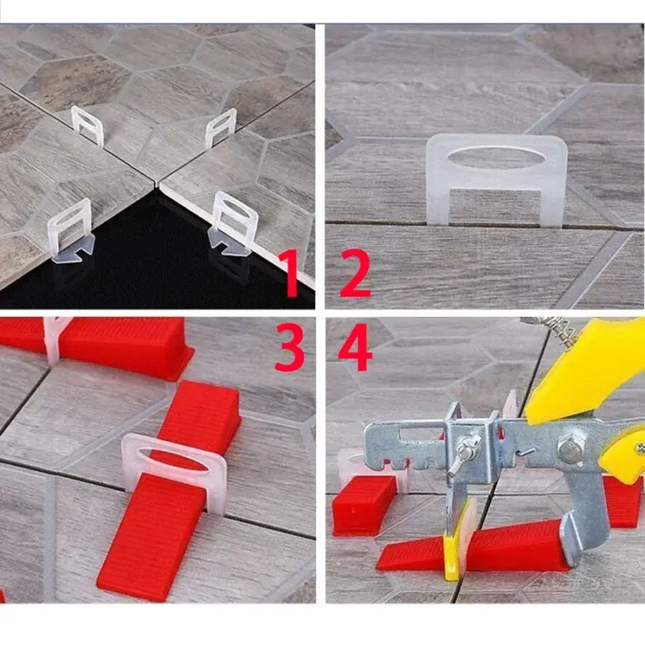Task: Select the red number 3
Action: (290, 347)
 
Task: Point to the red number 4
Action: (355, 347)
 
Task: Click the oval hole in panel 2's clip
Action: (497, 157)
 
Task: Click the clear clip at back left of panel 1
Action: (87, 125)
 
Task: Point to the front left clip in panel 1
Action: (71, 231)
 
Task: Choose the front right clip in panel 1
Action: (232, 224)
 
